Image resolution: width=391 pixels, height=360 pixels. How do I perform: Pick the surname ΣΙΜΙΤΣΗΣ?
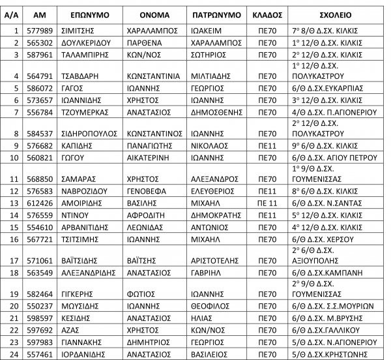point(76,29)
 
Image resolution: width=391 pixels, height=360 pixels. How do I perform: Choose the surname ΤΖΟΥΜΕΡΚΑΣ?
point(85,112)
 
